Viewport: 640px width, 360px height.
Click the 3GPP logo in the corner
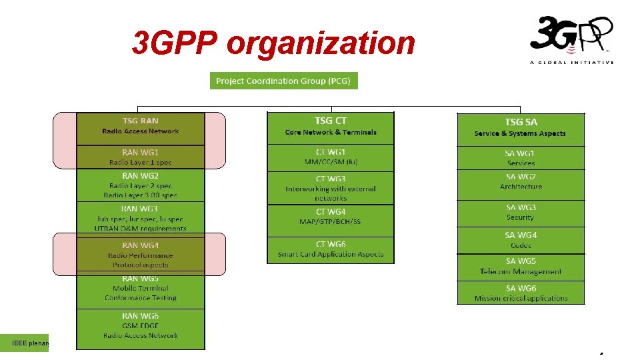571,39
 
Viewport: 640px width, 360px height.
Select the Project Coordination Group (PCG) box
284,81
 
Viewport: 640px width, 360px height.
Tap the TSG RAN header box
141,127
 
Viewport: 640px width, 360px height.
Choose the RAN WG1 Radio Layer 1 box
141,157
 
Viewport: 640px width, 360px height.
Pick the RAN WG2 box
141,186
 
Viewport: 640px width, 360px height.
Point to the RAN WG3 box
141,218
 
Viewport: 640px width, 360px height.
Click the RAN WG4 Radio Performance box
141,255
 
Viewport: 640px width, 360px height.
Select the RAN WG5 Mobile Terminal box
141,289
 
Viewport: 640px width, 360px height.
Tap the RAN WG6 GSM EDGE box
141,327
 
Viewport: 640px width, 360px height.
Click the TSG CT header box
331,127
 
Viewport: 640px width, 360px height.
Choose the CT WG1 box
331,157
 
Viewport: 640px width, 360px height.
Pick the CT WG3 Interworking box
331,188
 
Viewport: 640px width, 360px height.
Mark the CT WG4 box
331,217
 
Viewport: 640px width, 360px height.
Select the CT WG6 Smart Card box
331,249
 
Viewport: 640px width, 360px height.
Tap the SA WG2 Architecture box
520,182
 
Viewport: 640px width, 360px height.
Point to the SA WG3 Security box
520,213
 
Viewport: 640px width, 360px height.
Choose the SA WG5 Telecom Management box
520,267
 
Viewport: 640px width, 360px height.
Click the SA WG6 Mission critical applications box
520,293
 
